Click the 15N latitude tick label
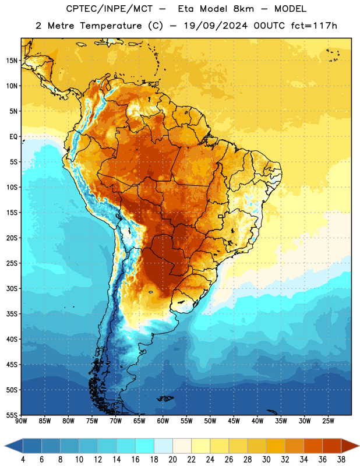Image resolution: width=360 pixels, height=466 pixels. (x=12, y=61)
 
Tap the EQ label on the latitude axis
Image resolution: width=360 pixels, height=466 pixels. (x=13, y=137)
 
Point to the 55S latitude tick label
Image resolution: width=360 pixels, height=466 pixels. (x=12, y=415)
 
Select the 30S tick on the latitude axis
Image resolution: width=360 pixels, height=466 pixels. (x=12, y=288)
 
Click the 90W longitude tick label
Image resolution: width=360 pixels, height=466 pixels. (x=22, y=421)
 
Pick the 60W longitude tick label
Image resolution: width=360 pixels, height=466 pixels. (x=163, y=421)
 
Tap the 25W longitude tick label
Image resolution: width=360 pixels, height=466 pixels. (x=328, y=421)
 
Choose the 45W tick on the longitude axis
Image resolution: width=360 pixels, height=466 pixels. (x=234, y=421)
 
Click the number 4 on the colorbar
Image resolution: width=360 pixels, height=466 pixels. (x=23, y=460)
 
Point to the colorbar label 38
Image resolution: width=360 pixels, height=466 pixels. (x=341, y=460)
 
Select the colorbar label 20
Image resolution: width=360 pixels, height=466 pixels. (x=172, y=460)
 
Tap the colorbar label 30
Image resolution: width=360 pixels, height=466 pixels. (x=266, y=460)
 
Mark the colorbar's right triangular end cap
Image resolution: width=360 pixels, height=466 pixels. (x=350, y=446)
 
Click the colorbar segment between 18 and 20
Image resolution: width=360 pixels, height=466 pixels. (x=163, y=446)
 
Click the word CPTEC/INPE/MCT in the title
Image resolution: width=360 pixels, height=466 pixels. (x=110, y=9)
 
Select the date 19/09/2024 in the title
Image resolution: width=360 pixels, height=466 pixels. (x=216, y=26)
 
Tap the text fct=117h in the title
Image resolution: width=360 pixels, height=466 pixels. (x=314, y=26)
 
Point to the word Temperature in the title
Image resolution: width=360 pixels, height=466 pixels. (x=111, y=26)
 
